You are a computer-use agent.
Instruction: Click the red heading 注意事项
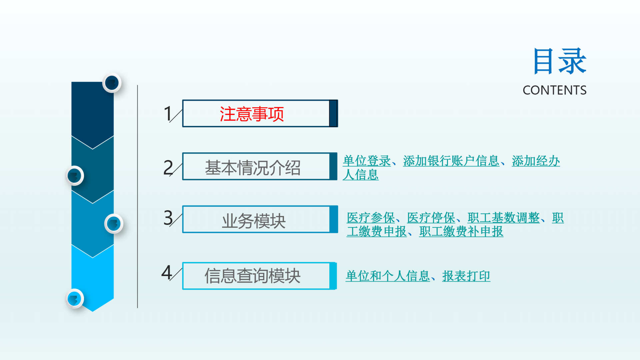coord(252,114)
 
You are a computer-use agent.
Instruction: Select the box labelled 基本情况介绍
coord(260,166)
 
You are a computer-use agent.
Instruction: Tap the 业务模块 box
coord(260,219)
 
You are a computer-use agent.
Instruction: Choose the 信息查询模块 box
coord(259,276)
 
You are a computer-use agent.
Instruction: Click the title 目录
coord(560,61)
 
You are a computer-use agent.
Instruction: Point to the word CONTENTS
coord(554,90)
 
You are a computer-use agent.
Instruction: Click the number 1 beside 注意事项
coord(168,113)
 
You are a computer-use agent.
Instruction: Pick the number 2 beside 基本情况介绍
coord(168,167)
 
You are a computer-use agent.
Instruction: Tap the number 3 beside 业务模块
coord(168,218)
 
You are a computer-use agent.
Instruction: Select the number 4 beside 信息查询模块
coord(167,273)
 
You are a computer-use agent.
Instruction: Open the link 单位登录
coord(367,161)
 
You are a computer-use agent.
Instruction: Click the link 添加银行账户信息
coord(451,161)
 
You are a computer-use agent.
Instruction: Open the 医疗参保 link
coord(371,218)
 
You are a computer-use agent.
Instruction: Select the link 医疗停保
coord(431,218)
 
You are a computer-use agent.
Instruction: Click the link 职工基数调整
coord(504,218)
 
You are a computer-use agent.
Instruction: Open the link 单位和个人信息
coord(388,276)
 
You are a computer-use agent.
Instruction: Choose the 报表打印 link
coord(466,276)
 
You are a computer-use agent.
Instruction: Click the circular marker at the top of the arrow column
coord(112,83)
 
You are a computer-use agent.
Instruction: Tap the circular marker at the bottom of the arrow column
coord(75,299)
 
